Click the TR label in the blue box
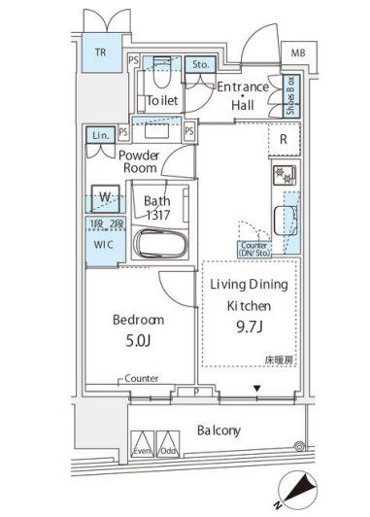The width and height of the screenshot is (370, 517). (x=100, y=52)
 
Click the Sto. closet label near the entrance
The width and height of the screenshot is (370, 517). (x=200, y=66)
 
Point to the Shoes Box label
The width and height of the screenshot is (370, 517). (x=289, y=96)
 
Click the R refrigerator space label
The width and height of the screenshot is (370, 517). (x=282, y=139)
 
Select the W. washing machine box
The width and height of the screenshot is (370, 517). (x=102, y=198)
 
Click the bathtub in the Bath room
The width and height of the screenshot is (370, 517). (x=156, y=243)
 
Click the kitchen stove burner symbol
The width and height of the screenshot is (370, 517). (x=286, y=177)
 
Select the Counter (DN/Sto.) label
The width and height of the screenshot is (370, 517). (x=254, y=251)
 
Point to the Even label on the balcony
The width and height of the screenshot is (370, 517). (x=142, y=452)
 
